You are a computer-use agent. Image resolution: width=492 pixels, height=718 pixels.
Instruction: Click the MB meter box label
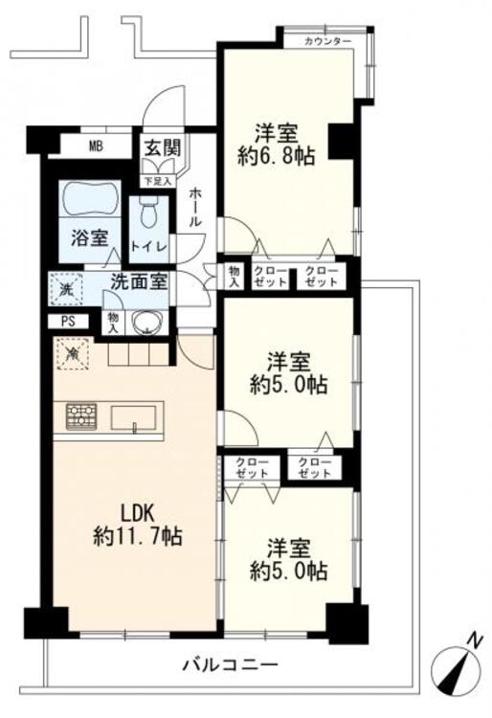click(96, 146)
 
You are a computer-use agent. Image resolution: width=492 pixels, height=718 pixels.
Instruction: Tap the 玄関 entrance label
click(163, 147)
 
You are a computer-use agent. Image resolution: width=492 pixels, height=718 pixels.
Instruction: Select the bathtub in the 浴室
click(89, 199)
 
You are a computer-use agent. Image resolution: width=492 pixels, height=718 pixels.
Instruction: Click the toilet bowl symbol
click(148, 212)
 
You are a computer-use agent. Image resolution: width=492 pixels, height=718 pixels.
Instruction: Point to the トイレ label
click(148, 246)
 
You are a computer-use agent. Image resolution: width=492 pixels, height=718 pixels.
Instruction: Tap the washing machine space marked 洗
click(67, 289)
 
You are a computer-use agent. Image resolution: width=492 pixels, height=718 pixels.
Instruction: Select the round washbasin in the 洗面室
click(146, 323)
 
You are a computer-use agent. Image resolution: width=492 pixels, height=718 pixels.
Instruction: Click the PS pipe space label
click(68, 322)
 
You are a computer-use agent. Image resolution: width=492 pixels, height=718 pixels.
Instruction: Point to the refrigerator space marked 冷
click(72, 353)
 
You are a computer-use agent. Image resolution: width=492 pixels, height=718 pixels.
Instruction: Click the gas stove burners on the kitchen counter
click(81, 416)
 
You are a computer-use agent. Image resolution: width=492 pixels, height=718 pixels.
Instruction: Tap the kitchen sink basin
click(133, 417)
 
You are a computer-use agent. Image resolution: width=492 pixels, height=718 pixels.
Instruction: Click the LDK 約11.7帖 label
click(138, 526)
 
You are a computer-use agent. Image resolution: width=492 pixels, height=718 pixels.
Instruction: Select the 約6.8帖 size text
click(276, 157)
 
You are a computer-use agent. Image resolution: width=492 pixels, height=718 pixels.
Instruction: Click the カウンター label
click(327, 42)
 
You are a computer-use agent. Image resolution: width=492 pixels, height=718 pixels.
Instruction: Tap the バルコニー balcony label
click(231, 664)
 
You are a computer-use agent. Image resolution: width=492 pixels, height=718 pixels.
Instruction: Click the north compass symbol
click(458, 667)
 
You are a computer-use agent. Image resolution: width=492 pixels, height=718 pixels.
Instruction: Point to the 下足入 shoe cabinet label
click(158, 181)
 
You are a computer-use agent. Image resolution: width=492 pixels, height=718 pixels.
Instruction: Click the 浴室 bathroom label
click(89, 238)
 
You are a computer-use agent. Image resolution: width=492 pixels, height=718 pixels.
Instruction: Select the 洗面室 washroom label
click(139, 282)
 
